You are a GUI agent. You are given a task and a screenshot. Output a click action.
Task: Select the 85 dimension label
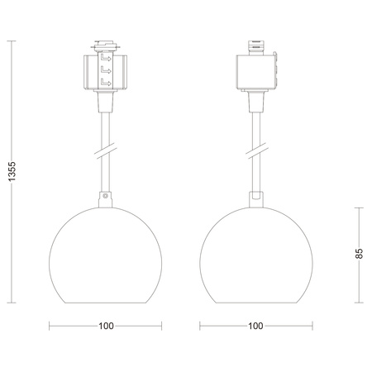coord(360,253)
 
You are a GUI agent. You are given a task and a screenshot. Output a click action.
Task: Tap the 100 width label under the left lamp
coord(106,326)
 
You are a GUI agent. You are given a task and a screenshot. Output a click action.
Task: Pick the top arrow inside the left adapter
coord(106,60)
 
